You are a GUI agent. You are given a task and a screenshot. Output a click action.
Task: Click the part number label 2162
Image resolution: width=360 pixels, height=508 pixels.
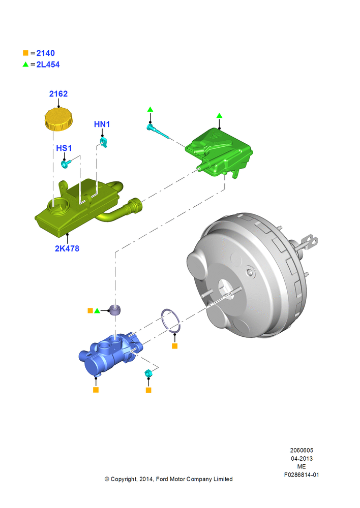58,94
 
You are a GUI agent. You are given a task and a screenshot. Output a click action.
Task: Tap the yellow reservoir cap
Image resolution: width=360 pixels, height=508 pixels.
58,119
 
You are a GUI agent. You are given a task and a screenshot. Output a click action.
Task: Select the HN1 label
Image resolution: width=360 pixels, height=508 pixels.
102,124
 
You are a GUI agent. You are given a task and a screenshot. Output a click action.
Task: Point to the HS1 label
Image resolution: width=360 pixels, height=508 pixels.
64,148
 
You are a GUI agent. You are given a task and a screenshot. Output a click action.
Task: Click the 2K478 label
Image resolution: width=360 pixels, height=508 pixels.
67,248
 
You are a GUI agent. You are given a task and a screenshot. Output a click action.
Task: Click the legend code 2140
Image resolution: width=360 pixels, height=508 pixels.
45,53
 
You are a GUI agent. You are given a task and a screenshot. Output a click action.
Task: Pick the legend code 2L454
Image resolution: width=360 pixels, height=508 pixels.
48,65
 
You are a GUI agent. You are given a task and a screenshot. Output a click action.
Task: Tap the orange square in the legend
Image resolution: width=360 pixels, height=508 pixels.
25,53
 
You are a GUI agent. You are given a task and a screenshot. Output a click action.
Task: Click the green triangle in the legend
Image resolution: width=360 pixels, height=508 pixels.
25,64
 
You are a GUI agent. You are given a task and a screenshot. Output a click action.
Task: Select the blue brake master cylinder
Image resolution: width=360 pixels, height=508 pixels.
110,354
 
